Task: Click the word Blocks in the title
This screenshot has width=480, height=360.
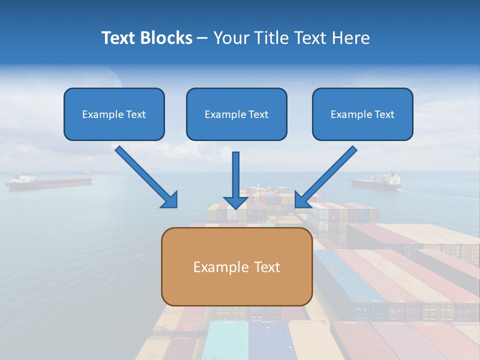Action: pyautogui.click(x=166, y=38)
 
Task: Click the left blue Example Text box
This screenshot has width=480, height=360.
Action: pyautogui.click(x=114, y=114)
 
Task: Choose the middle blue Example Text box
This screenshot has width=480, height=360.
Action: pyautogui.click(x=236, y=114)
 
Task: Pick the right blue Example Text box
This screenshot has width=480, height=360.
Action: pyautogui.click(x=362, y=114)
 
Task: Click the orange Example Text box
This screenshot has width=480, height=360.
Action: pyautogui.click(x=236, y=266)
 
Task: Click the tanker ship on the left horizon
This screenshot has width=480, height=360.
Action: pyautogui.click(x=48, y=182)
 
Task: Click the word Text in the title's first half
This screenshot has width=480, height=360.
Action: pyautogui.click(x=118, y=38)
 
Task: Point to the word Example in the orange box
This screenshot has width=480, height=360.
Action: pyautogui.click(x=214, y=267)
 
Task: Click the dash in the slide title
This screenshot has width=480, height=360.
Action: pyautogui.click(x=202, y=38)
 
